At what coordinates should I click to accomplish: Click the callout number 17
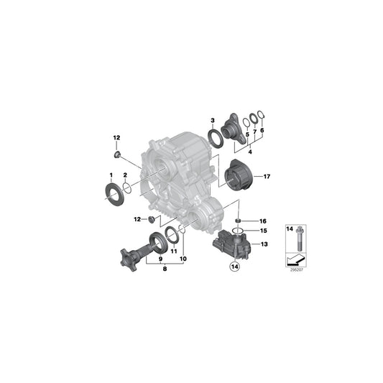click(267, 176)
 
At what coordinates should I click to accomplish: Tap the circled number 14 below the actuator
click(234, 267)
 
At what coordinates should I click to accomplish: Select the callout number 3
click(213, 121)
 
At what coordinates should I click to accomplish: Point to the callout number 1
click(111, 175)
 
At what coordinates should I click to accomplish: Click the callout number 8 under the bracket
click(165, 269)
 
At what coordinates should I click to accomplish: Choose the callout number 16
click(263, 221)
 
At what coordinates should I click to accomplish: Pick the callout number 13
click(264, 244)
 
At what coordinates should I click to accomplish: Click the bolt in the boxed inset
click(299, 239)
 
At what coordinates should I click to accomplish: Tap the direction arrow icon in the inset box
click(296, 260)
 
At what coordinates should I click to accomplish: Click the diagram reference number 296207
click(296, 270)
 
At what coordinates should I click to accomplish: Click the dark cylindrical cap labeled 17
click(237, 175)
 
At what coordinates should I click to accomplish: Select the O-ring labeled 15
click(237, 231)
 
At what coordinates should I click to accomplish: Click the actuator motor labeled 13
click(232, 244)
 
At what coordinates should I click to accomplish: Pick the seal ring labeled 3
click(216, 139)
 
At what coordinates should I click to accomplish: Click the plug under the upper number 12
click(118, 154)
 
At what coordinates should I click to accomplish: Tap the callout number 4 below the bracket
click(250, 152)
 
